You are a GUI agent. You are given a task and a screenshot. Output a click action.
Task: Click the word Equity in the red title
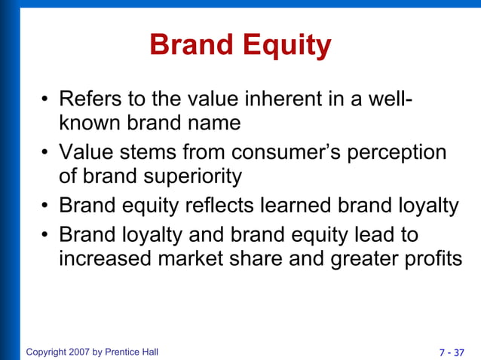click(287, 46)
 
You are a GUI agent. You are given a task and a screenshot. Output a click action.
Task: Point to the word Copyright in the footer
click(47, 352)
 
